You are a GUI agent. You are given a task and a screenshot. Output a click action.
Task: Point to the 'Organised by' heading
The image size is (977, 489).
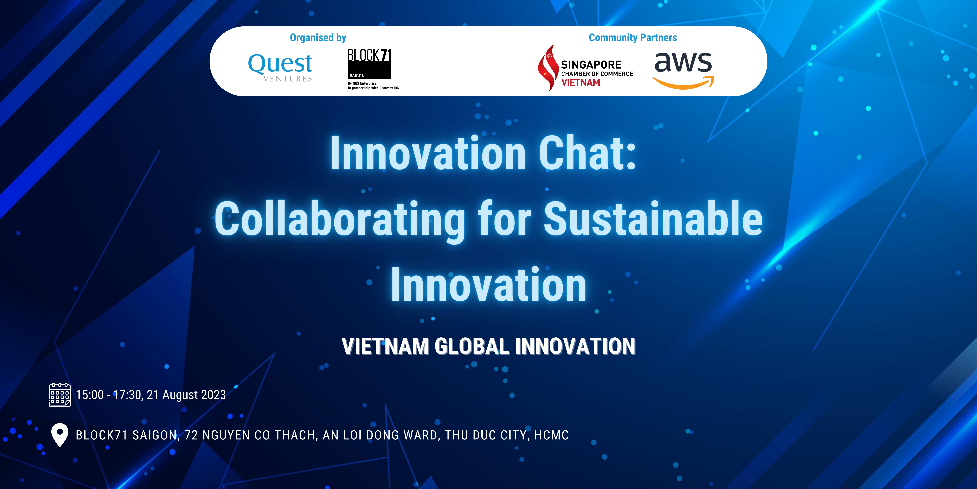[x=318, y=38]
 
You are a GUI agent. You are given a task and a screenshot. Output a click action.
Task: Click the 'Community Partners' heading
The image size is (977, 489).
[x=633, y=38]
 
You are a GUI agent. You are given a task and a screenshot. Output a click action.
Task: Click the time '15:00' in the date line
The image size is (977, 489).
[x=89, y=395]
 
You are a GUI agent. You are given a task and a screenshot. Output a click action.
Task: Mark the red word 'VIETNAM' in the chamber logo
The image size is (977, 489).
[x=581, y=82]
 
